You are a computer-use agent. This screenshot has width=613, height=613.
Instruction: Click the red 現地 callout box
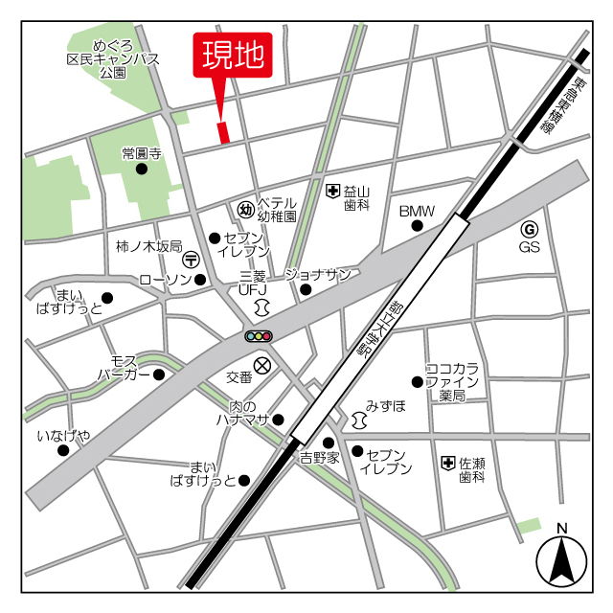pos(233,56)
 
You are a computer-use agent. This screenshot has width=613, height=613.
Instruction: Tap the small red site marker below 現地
pos(224,132)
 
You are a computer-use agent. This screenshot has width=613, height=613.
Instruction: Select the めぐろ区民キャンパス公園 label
pos(112,58)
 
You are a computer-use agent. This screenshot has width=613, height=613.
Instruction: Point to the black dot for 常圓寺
pos(142,170)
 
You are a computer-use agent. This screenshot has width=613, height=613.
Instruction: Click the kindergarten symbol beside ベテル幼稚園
pos(244,209)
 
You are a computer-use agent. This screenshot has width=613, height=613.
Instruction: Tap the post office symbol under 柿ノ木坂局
pos(191,259)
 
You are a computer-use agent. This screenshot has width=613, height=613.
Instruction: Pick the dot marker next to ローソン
pos(200,280)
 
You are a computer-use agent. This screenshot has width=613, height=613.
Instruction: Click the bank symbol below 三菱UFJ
pos(261,306)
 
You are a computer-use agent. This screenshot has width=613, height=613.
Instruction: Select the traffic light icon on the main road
pos(259,335)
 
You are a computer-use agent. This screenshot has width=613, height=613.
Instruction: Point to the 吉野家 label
pos(319,458)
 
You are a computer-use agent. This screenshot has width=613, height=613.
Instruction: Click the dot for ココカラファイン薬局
pos(417,381)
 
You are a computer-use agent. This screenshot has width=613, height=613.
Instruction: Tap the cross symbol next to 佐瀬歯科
pos(447,464)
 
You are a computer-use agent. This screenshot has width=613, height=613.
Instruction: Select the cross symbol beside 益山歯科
pos(332,192)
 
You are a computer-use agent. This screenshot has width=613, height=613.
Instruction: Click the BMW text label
pos(417,211)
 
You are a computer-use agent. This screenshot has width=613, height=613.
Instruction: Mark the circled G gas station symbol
pos(529,229)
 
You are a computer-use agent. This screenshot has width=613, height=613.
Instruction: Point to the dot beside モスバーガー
pos(159,374)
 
